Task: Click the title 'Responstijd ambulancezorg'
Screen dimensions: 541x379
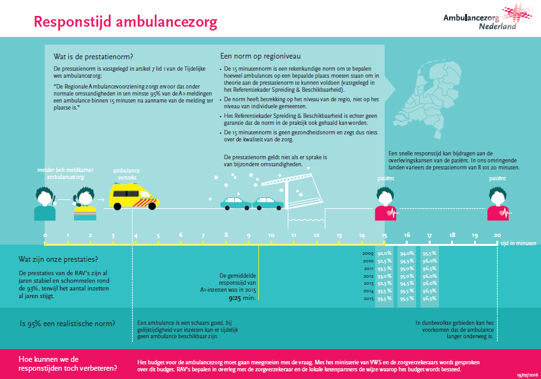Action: click(125, 22)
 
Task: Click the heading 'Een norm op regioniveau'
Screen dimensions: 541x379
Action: click(260, 55)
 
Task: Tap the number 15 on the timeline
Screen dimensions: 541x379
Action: click(384, 235)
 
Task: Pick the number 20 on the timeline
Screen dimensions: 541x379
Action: click(497, 235)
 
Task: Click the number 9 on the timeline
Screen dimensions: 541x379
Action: click(249, 235)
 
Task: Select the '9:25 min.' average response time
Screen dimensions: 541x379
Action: click(243, 297)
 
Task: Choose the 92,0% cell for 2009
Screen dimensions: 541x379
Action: click(385, 254)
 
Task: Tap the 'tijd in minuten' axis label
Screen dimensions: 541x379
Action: click(519, 244)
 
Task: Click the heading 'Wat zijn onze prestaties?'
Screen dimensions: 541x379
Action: click(58, 259)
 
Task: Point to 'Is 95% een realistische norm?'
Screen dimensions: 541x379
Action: click(67, 323)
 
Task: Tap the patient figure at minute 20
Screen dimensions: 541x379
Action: click(498, 204)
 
